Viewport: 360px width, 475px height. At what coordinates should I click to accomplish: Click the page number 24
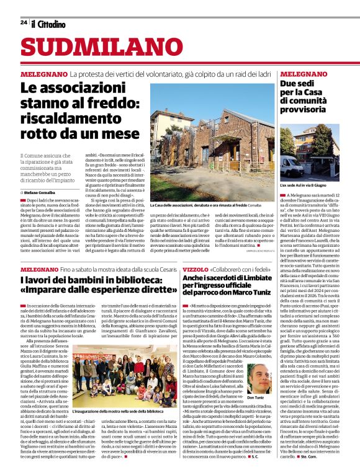click(23, 23)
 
